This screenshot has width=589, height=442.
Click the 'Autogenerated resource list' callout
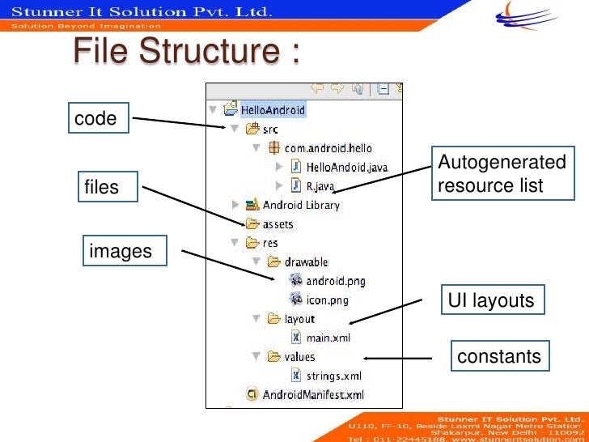(501, 174)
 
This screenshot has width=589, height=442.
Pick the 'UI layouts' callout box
(491, 300)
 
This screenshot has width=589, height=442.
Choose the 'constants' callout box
(498, 356)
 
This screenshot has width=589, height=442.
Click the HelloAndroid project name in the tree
(273, 109)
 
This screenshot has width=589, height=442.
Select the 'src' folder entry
(270, 129)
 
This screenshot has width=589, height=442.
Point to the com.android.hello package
(328, 148)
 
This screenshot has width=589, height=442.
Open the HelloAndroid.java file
(347, 167)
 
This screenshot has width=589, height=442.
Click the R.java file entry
(320, 185)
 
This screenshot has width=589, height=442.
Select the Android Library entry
(301, 205)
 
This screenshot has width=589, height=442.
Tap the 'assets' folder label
(278, 224)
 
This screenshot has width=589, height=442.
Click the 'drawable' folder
(306, 262)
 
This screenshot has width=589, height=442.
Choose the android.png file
(336, 281)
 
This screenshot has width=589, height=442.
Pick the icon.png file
(328, 300)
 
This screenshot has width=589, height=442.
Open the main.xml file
(328, 338)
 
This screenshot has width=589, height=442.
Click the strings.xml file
(334, 376)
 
